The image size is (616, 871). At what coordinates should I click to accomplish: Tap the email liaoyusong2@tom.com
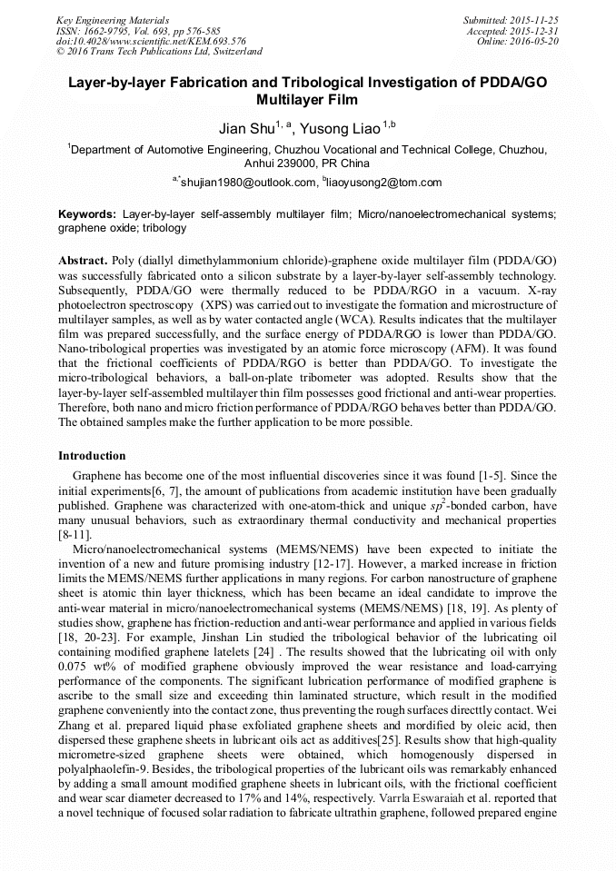pyautogui.click(x=384, y=183)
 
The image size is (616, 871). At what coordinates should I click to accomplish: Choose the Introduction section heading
pyautogui.click(x=92, y=455)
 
